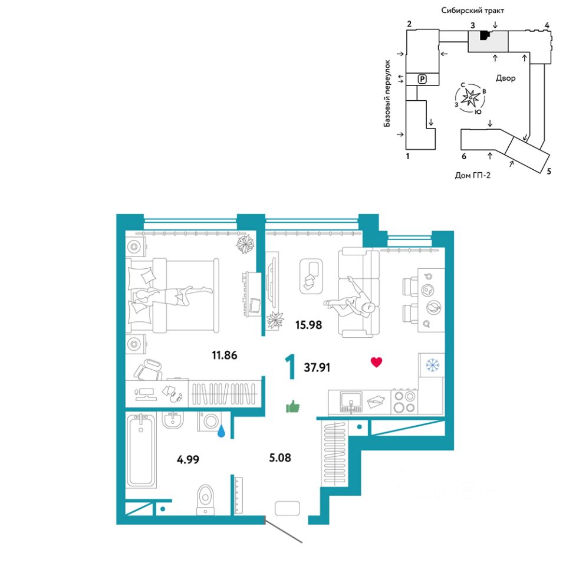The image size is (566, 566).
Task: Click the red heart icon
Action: pos(376,362)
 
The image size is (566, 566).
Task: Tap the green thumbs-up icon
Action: pos(292,406)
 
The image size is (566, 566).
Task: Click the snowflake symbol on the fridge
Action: pos(433,366)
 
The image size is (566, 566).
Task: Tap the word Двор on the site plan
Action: pos(505,78)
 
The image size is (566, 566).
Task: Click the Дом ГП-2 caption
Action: pos(472,174)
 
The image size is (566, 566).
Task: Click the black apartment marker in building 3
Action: pos(484,35)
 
